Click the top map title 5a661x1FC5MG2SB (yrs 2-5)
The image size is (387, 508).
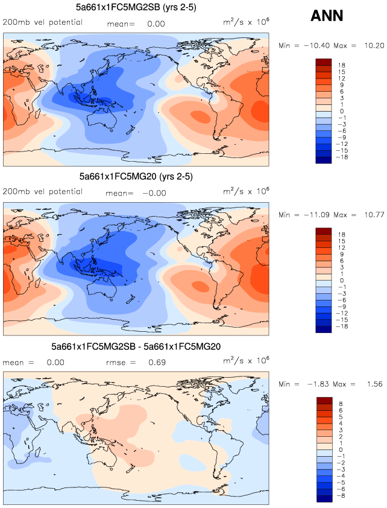point(136,7)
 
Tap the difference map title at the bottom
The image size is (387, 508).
point(136,347)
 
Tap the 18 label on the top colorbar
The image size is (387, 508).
point(341,65)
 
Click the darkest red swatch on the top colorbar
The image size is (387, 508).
point(323,62)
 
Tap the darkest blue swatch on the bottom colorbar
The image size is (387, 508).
point(323,498)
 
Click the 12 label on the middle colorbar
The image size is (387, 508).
point(341,247)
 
